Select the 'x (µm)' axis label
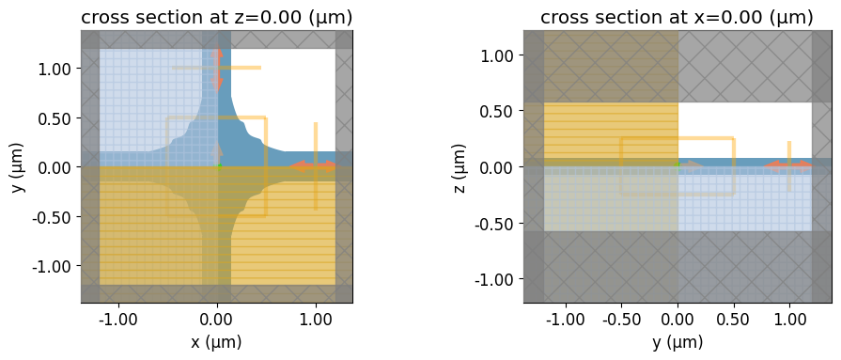[217, 342]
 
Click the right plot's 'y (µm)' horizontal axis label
[677, 342]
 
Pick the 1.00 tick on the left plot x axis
[316, 320]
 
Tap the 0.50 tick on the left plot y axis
[57, 118]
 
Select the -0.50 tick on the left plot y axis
[54, 217]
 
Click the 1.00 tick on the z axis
[499, 55]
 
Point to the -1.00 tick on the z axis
[496, 279]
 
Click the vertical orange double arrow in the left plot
[217, 69]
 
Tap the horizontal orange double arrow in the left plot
[312, 166]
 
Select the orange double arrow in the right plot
[787, 166]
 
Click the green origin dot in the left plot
[219, 166]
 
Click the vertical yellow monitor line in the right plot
[789, 166]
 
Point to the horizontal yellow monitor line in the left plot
[217, 68]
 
